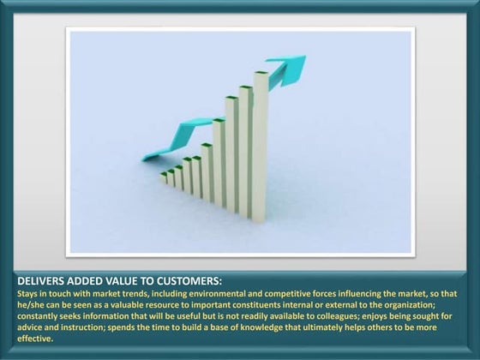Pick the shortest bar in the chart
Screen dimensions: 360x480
pyautogui.click(x=163, y=177)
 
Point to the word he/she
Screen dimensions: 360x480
pyautogui.click(x=32, y=304)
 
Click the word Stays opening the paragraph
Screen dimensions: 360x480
pyautogui.click(x=28, y=293)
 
